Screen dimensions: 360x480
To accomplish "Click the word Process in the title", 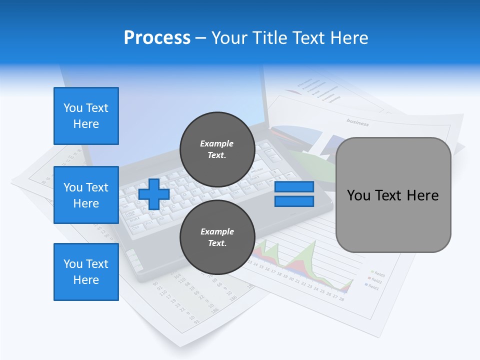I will pyautogui.click(x=157, y=38).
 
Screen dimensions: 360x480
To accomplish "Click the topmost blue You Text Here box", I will pyautogui.click(x=86, y=116).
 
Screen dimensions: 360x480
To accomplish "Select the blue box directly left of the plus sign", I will pyautogui.click(x=86, y=195).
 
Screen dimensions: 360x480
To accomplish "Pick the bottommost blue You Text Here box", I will pyautogui.click(x=86, y=272).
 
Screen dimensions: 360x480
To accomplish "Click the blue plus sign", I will pyautogui.click(x=154, y=194).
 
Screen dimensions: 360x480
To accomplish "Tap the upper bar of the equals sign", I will pyautogui.click(x=294, y=187).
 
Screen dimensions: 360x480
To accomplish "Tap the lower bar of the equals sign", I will pyautogui.click(x=294, y=201).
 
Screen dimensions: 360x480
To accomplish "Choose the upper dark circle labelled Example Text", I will pyautogui.click(x=217, y=149).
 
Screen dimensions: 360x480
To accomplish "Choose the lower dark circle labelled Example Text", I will pyautogui.click(x=217, y=237).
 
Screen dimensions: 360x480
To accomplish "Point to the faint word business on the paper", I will pyautogui.click(x=357, y=122).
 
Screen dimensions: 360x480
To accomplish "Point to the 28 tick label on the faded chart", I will pyautogui.click(x=341, y=299).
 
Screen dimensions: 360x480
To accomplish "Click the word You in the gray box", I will pyautogui.click(x=358, y=195).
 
